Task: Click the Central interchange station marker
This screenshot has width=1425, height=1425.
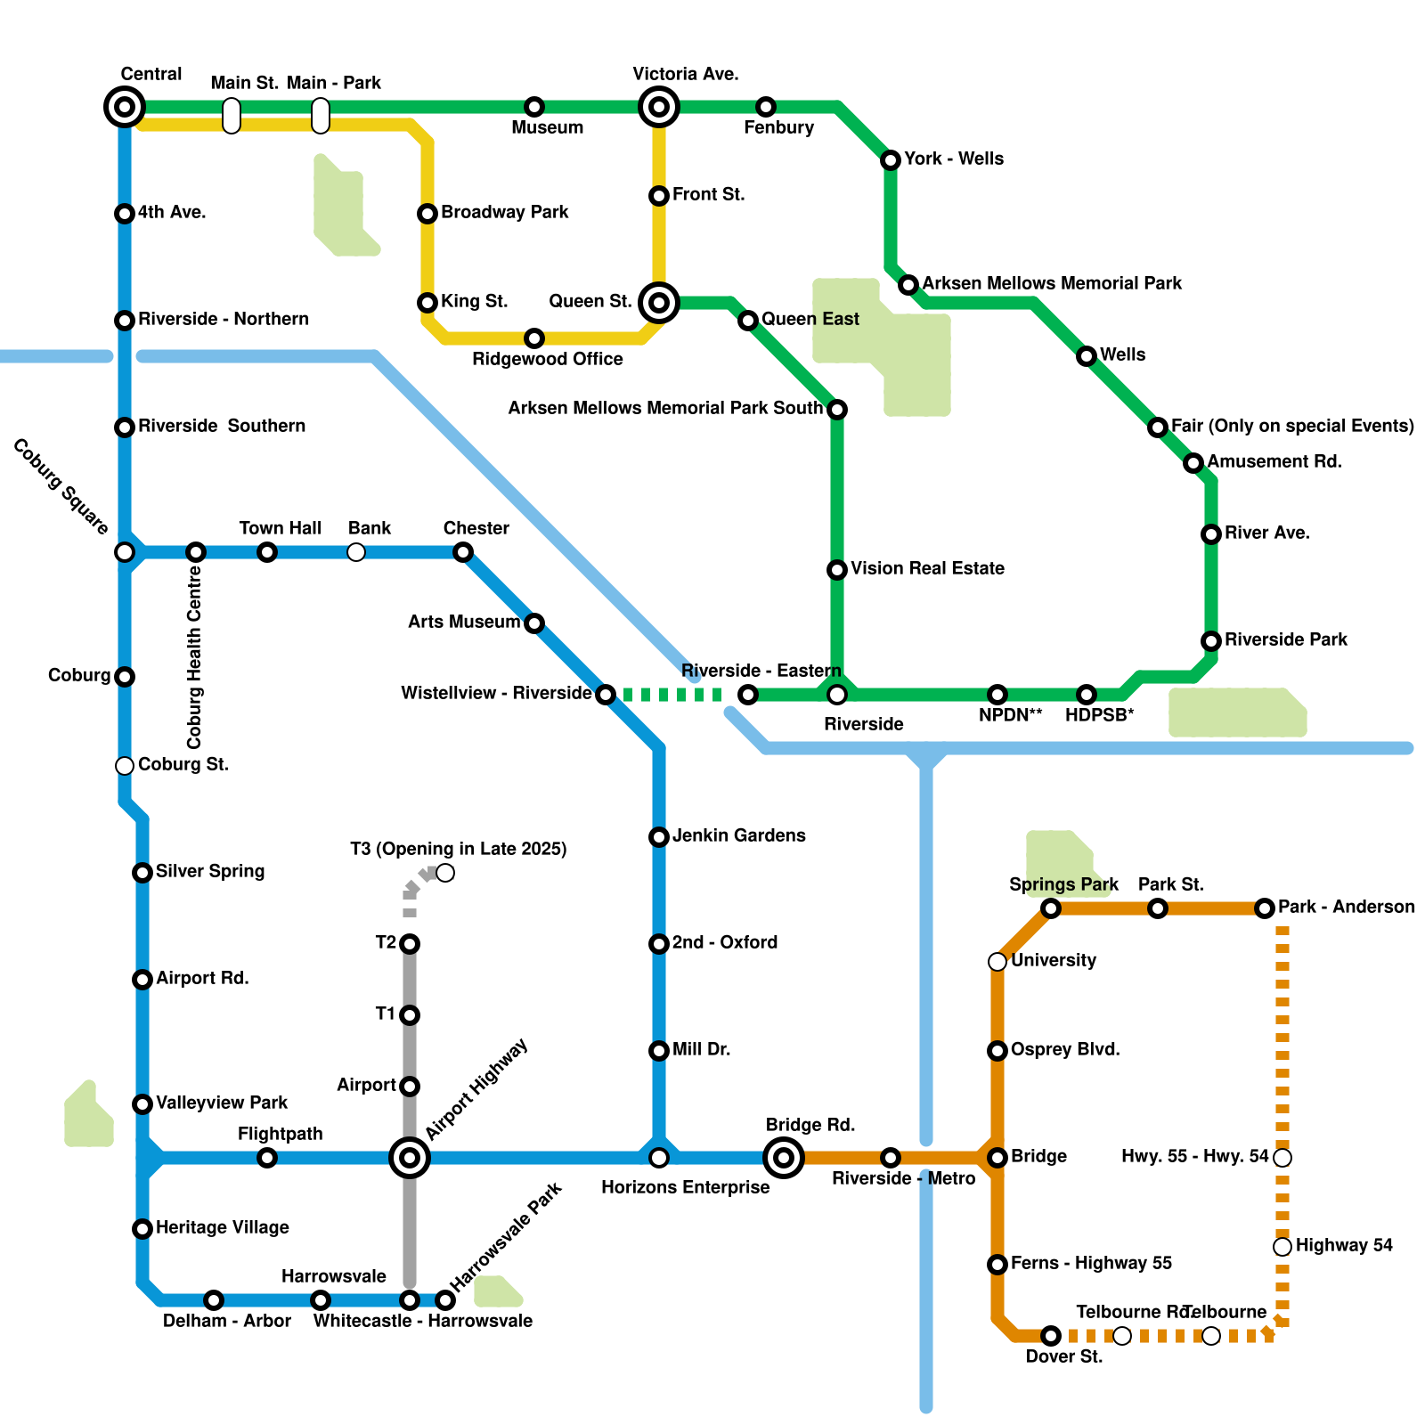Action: pos(125,107)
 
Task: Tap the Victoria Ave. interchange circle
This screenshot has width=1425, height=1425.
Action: pos(659,107)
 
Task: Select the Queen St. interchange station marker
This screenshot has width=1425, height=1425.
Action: pos(659,303)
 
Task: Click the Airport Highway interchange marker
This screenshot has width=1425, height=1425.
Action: pos(410,1158)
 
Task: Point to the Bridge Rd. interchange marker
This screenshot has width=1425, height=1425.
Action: pos(784,1158)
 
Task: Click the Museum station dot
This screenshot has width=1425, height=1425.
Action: pos(534,107)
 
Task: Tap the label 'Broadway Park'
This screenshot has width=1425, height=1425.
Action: pos(504,212)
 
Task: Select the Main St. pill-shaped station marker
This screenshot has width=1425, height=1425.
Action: pos(232,116)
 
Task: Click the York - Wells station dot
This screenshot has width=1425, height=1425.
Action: pos(891,160)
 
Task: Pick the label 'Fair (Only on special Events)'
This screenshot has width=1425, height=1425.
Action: pos(1292,426)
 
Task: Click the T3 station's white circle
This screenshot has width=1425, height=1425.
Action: pos(445,873)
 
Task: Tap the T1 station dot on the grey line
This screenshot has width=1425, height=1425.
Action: pos(410,1015)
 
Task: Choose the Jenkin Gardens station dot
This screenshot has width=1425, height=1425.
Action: pos(659,837)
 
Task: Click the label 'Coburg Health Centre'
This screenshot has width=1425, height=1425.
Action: pos(194,657)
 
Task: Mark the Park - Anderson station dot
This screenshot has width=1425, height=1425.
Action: pos(1265,908)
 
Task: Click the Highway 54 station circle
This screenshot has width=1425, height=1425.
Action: pos(1282,1247)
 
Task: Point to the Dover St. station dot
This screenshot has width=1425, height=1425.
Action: pos(1051,1336)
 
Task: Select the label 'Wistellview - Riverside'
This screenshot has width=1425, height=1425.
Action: pos(496,693)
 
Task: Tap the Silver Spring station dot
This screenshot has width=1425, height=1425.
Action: pos(142,873)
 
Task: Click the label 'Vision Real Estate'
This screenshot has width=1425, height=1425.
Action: pos(927,568)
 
